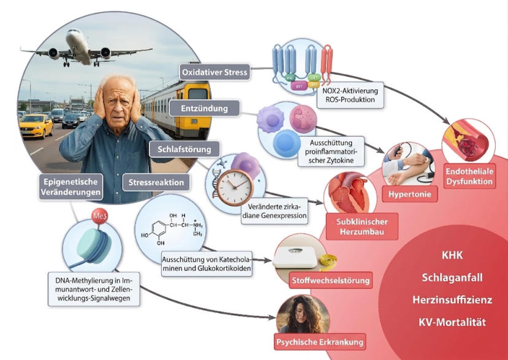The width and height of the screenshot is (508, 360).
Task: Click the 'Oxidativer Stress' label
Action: (x=215, y=72)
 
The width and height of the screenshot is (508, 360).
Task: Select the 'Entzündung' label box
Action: (x=205, y=108)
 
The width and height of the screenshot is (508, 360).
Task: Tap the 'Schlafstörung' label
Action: (x=184, y=149)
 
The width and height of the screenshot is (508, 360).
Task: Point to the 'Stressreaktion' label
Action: (x=156, y=182)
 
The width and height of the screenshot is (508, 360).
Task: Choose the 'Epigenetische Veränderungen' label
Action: (x=70, y=187)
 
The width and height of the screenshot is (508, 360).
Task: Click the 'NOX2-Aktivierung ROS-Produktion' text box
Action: (x=351, y=95)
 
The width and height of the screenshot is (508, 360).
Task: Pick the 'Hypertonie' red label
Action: (x=410, y=194)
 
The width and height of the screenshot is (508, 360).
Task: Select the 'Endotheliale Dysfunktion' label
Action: (x=469, y=177)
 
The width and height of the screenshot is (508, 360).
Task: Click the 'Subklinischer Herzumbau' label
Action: (x=362, y=226)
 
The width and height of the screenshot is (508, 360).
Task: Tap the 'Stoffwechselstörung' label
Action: (x=330, y=280)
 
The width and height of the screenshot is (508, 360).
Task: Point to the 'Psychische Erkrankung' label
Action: (x=320, y=342)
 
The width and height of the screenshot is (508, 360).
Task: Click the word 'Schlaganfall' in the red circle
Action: (x=452, y=278)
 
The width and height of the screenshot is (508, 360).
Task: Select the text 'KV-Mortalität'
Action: (x=452, y=323)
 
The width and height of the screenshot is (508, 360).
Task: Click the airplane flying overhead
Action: (x=85, y=48)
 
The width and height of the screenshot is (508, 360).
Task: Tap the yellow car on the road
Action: (x=36, y=126)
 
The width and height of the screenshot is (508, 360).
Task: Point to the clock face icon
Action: (x=235, y=188)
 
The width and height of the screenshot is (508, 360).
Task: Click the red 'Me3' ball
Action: (x=99, y=216)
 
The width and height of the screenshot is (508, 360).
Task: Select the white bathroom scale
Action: (x=295, y=256)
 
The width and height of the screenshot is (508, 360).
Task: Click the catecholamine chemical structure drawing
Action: (x=172, y=229)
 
